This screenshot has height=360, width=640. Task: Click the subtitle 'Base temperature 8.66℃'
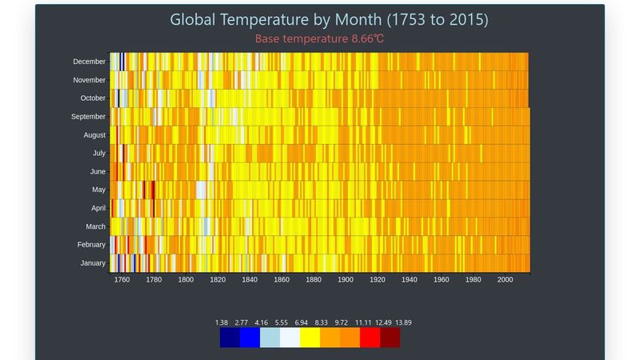[320, 38]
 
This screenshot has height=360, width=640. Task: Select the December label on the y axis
[89, 62]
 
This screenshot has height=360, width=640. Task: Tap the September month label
[88, 117]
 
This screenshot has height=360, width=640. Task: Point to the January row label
[93, 263]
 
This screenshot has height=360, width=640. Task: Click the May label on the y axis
[98, 190]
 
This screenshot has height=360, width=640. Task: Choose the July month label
[98, 153]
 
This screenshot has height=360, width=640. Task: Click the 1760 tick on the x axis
[122, 280]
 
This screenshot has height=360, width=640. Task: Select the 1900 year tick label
[346, 280]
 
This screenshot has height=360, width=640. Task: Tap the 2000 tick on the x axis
[505, 280]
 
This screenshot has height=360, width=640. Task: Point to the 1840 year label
[250, 280]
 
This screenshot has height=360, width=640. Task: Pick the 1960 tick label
[441, 280]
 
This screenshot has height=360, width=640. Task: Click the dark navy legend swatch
[230, 338]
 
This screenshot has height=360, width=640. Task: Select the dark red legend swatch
[390, 338]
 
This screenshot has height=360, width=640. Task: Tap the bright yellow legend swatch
[310, 338]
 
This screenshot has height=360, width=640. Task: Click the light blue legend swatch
[270, 338]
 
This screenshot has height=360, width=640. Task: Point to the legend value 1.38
[222, 323]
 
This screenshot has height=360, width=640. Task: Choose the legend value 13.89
[402, 323]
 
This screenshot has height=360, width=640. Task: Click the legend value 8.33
[322, 323]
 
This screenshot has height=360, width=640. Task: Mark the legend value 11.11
[363, 323]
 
